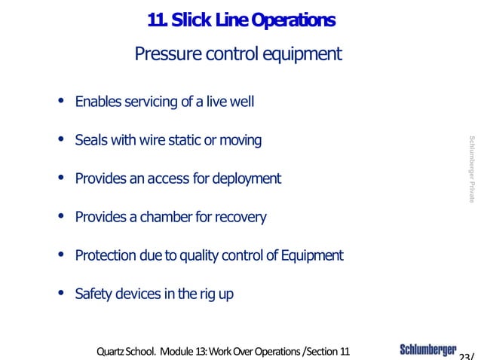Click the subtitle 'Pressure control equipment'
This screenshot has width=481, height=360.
click(x=237, y=54)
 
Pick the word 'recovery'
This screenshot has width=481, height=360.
click(x=240, y=218)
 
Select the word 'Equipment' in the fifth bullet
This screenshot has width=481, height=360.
click(x=312, y=256)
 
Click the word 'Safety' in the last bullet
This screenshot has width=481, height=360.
click(x=93, y=294)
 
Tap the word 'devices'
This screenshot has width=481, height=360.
click(x=140, y=294)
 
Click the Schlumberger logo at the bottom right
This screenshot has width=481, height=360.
click(x=427, y=350)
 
